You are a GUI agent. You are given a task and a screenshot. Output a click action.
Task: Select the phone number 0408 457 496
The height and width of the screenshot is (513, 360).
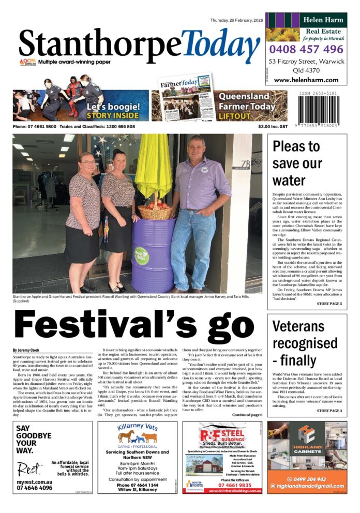(x=306, y=50)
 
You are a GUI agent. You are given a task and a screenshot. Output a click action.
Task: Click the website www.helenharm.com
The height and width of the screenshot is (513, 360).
(x=306, y=80)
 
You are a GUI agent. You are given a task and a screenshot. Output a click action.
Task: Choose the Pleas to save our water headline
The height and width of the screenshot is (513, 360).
(x=295, y=163)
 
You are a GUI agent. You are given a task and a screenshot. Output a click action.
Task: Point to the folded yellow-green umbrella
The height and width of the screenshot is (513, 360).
(x=154, y=167)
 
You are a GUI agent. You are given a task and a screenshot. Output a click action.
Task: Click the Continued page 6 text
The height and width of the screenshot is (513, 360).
(x=247, y=415)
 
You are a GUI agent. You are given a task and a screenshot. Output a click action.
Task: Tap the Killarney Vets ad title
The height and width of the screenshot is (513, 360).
(x=137, y=427)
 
